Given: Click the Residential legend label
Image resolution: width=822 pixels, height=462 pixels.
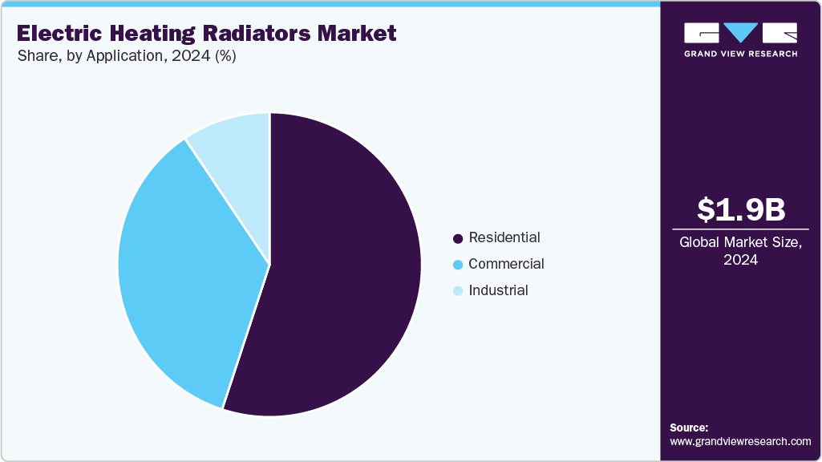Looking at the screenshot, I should tap(504, 237).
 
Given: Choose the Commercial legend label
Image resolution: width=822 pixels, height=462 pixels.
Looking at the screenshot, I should tap(506, 264).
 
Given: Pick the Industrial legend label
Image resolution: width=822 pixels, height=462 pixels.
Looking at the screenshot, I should tap(498, 290).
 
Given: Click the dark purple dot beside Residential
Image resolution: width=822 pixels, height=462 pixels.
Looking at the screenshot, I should tap(458, 238).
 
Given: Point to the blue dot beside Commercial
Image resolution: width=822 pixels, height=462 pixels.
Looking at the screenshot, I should tap(458, 265).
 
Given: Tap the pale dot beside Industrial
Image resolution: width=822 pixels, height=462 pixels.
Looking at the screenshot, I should tap(458, 291).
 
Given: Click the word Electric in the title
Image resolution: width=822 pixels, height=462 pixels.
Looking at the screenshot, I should tap(57, 34).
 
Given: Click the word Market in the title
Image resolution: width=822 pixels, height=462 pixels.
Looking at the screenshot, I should tap(358, 34).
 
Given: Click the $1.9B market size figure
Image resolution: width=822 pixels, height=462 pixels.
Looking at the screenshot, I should tap(740, 209).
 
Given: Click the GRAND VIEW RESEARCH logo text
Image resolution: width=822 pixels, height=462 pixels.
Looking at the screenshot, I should tap(740, 54).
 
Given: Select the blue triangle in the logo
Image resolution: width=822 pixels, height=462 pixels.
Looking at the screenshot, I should tap(740, 32).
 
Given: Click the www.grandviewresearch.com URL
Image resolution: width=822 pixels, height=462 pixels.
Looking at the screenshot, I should tap(740, 441).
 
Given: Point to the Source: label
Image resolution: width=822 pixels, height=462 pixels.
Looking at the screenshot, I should tap(689, 428).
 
